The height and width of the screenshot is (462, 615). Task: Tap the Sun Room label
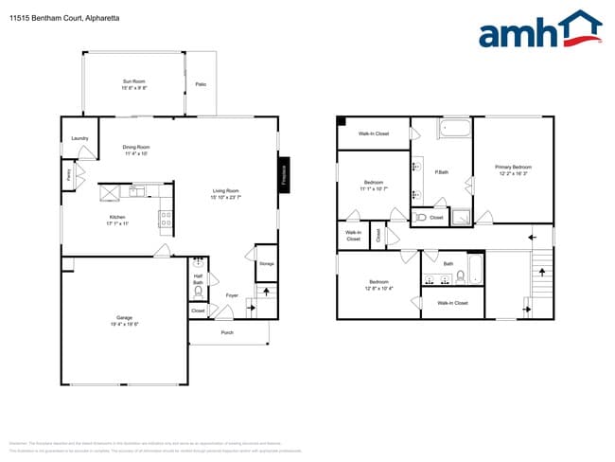coord(134,84)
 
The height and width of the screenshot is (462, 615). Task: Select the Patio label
coord(201,85)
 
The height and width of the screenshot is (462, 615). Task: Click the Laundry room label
coord(79,138)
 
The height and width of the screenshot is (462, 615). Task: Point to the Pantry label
coord(69,174)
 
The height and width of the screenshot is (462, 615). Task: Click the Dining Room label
coord(136,150)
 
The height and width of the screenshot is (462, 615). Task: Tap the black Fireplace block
coord(282,175)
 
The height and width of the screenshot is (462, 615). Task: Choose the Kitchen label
coord(116,220)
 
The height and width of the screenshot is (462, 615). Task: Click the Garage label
coord(124,320)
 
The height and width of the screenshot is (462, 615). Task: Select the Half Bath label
coord(199,279)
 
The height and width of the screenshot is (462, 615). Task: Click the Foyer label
coord(231,295)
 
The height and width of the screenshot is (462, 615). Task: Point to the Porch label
coord(227,332)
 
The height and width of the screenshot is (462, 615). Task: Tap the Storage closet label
coord(266,263)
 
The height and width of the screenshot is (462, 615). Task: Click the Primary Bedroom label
coord(513,169)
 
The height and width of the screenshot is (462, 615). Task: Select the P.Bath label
coord(441,172)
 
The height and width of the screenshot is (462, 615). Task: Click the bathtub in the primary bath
coord(454,130)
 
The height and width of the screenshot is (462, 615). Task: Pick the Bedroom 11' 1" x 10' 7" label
coord(373,185)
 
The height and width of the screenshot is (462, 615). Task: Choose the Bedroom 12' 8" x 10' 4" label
coord(379,285)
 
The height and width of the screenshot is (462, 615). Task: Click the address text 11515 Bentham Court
coord(44,18)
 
